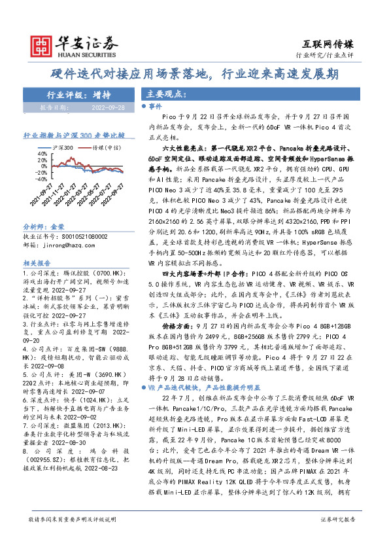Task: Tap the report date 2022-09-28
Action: pyautogui.click(x=109, y=106)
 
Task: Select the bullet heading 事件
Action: pyautogui.click(x=156, y=105)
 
